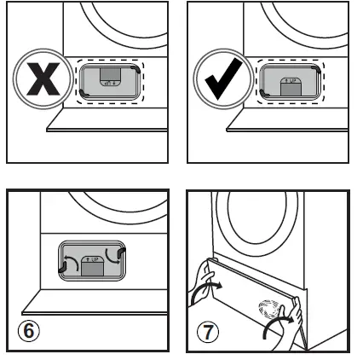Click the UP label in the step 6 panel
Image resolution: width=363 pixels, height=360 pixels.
click(91, 257)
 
